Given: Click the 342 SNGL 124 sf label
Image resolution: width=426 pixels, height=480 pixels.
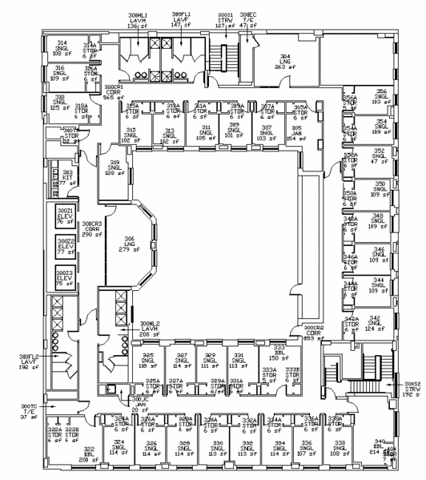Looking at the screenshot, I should [380, 323].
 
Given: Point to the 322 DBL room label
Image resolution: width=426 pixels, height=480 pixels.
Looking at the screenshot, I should [89, 455].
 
